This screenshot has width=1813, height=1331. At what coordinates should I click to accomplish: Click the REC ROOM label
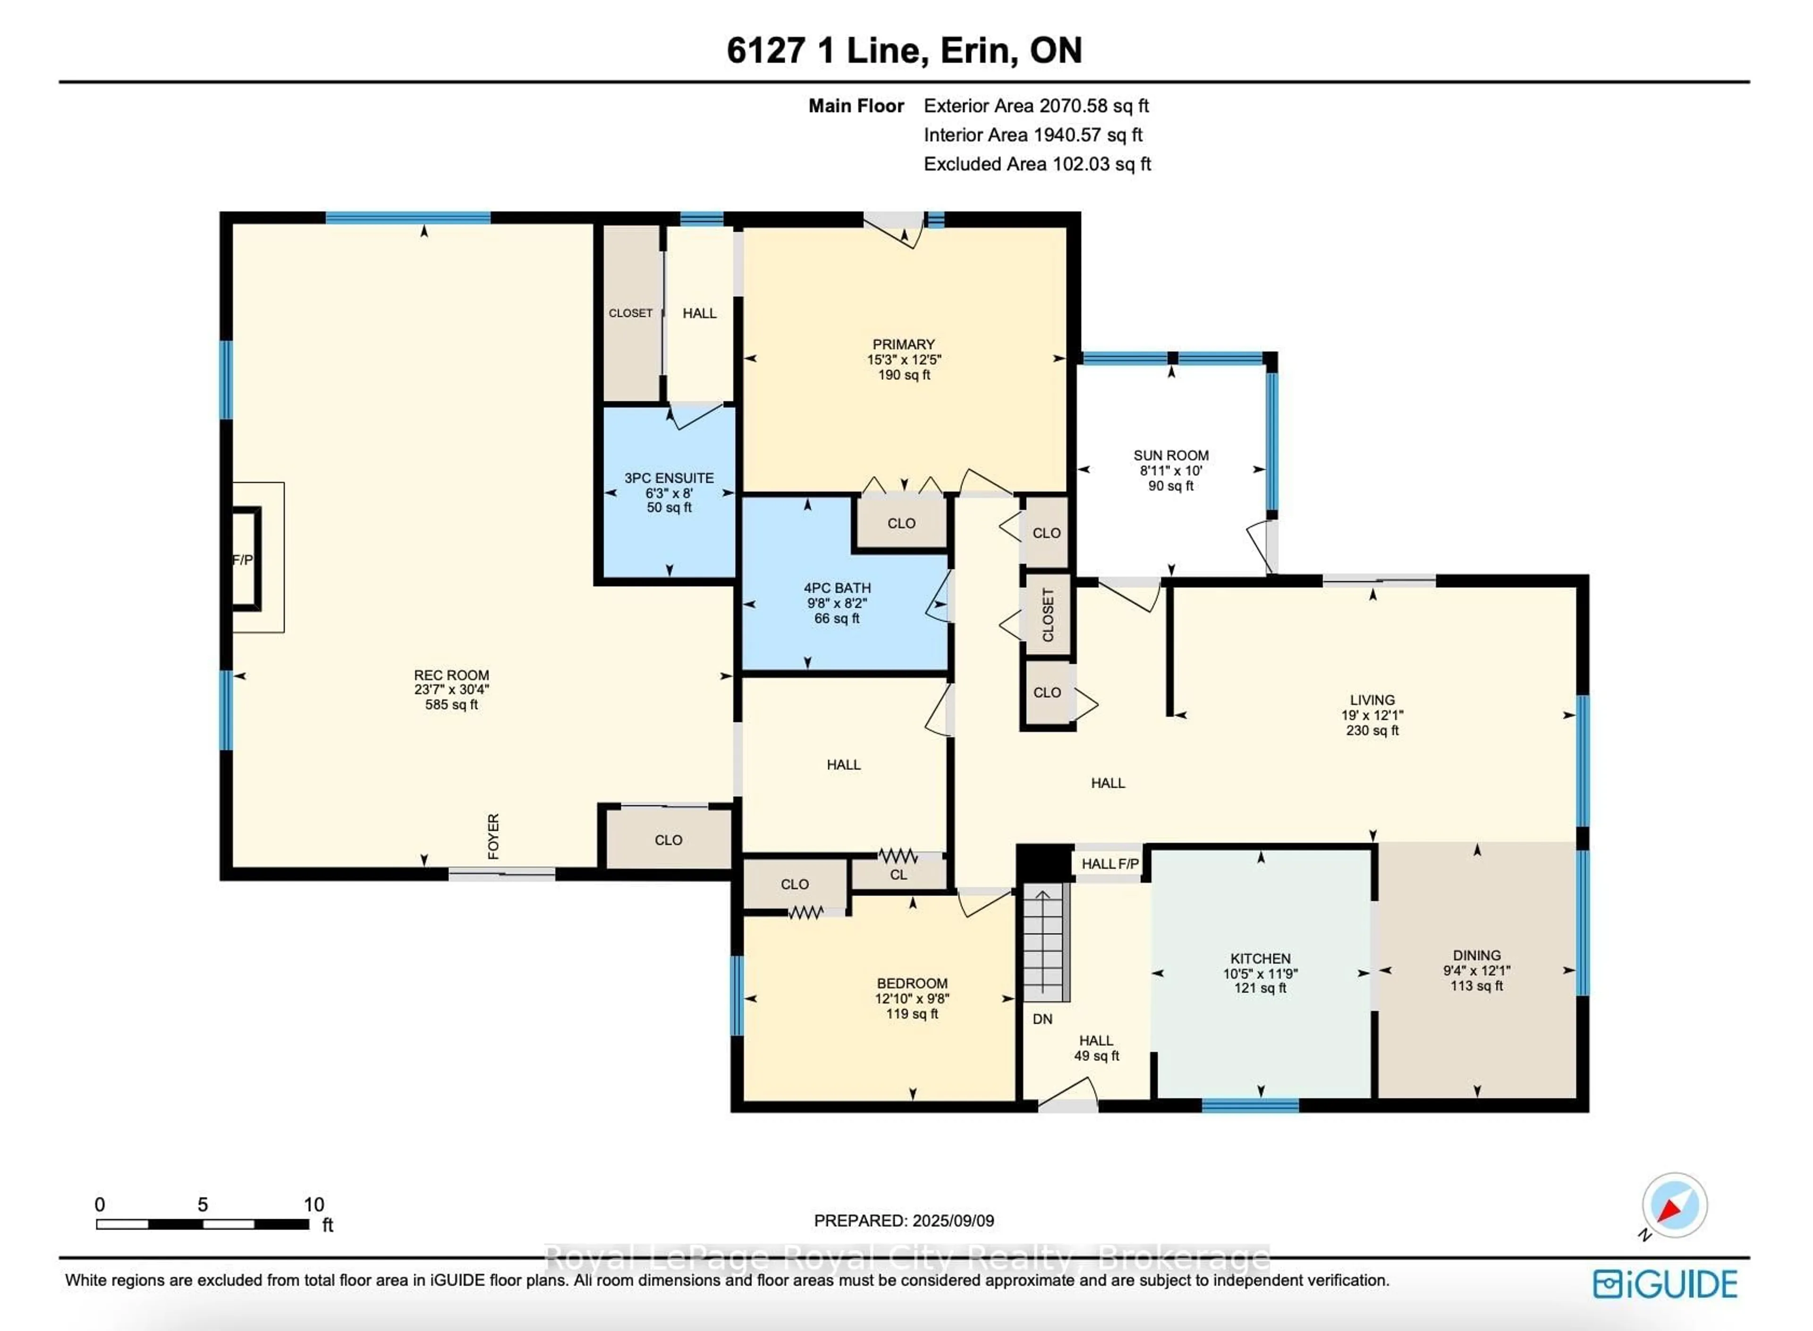pos(451,675)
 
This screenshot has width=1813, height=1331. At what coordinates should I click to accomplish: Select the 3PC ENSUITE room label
pos(669,478)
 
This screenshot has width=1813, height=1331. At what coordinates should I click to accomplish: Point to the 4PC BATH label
pos(837,588)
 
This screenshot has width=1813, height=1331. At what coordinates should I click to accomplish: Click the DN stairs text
pos(1042,1019)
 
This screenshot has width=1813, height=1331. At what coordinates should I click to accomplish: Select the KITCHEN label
pos(1260,958)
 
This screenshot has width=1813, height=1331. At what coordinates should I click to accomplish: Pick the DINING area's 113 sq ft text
pos(1476,986)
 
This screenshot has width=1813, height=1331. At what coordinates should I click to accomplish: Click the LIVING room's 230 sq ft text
pos(1372,730)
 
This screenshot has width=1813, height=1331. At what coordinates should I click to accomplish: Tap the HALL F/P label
pos(1110,864)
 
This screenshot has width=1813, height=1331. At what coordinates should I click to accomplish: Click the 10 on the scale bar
pos(313,1205)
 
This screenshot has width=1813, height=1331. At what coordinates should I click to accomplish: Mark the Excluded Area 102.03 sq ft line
pos(1036,164)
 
